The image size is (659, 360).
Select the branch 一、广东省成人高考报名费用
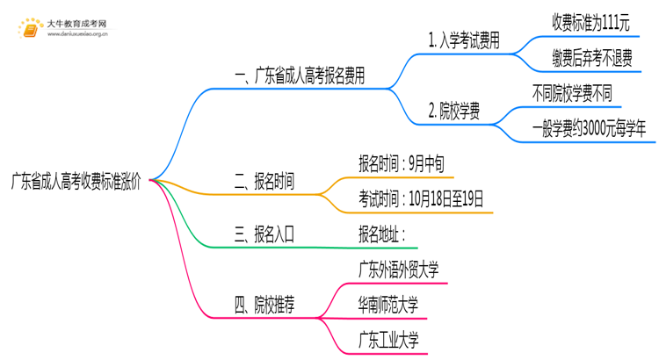coord(300,76)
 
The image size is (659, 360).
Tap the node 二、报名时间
coord(264,182)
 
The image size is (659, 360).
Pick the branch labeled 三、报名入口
coord(264,234)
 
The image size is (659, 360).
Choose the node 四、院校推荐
coord(264,305)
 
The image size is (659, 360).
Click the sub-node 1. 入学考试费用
coord(463,41)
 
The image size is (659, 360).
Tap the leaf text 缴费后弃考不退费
coord(590,58)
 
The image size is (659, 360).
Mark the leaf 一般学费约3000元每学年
coord(590,128)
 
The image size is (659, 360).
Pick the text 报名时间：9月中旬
coord(406,163)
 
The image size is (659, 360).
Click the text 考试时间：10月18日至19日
coord(421,198)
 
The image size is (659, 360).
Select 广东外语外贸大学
coord(398,269)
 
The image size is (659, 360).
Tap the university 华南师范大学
coord(387,305)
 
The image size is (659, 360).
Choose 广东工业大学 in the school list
coord(387,340)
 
